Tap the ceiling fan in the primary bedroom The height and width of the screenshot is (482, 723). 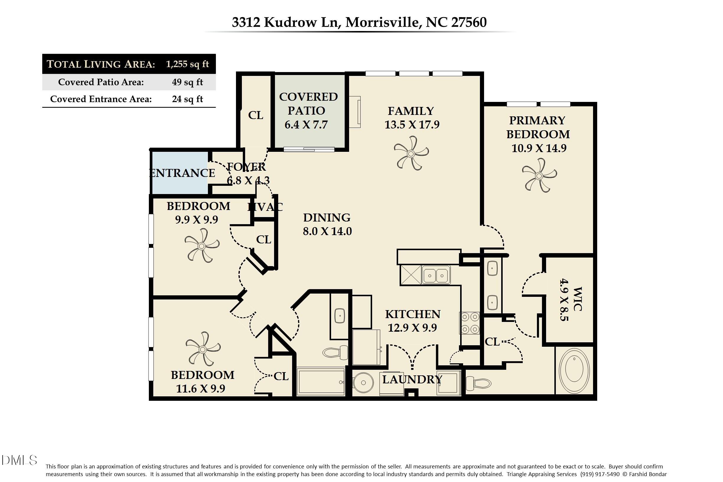[x=539, y=175]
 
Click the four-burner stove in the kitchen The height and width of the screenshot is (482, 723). [x=469, y=323]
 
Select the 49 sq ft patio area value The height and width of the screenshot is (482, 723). [x=187, y=82]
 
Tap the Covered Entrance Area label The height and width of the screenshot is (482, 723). [x=101, y=99]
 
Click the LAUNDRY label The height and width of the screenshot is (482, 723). [x=412, y=380]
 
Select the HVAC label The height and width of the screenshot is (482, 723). [x=265, y=207]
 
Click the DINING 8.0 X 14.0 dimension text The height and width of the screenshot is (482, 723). [x=327, y=231]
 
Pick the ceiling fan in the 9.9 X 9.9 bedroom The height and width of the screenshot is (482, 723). [x=202, y=246]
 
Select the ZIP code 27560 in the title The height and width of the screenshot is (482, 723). [x=469, y=22]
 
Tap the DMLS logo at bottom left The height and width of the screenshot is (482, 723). [x=19, y=460]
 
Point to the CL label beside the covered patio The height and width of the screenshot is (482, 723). [x=255, y=115]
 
